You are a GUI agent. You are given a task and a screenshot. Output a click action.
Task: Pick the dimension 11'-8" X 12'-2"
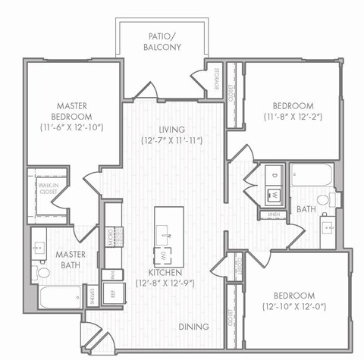pos(293,117)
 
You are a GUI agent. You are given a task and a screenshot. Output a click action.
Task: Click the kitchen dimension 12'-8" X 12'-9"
pos(165,283)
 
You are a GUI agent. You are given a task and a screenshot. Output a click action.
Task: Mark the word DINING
pos(195,327)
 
